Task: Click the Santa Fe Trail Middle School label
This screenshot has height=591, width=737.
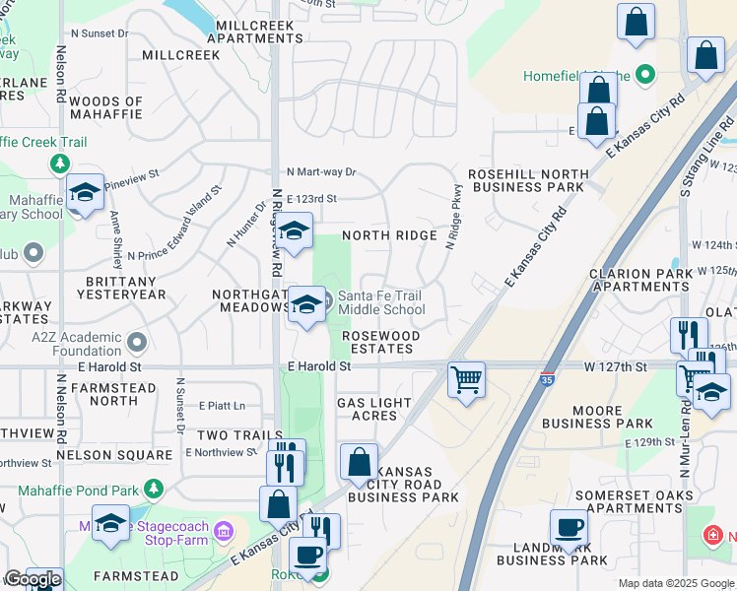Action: (381, 302)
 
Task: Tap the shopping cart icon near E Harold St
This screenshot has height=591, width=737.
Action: (465, 378)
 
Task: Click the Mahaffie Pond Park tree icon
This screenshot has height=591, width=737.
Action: (153, 488)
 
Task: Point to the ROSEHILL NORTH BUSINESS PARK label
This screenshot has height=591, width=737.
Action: (526, 180)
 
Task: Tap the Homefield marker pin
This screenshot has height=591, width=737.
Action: (645, 74)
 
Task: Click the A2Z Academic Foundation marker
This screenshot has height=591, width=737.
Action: (137, 343)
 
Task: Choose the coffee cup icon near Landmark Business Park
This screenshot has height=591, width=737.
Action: (569, 528)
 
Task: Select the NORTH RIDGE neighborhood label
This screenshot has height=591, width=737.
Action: (389, 235)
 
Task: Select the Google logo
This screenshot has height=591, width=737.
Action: (33, 579)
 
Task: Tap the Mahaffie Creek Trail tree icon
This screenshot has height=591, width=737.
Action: (61, 163)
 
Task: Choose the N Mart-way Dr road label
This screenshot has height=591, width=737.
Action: (321, 171)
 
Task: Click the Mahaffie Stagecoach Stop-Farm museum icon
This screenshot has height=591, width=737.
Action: (225, 532)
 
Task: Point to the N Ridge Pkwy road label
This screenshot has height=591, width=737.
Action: (453, 216)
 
